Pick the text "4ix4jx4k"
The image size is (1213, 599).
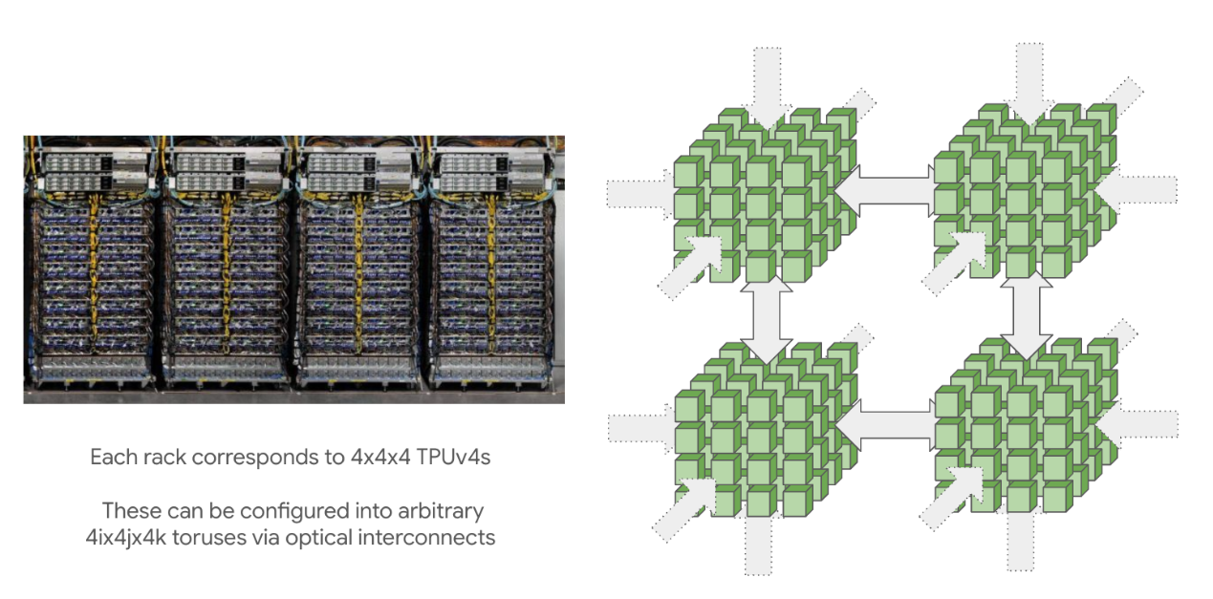click(133, 537)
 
